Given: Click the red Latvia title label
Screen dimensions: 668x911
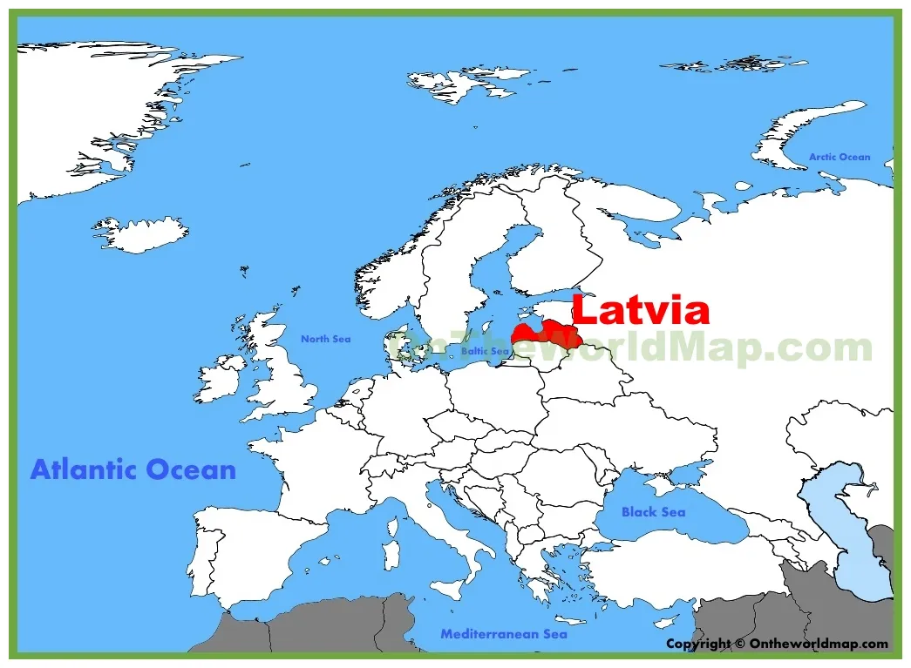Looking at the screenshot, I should (640, 311).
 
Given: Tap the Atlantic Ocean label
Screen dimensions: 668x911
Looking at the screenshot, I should (133, 470).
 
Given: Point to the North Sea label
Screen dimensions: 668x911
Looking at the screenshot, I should (325, 339).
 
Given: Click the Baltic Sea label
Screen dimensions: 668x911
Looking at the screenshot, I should (485, 351).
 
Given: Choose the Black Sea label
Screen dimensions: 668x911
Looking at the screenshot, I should (653, 512).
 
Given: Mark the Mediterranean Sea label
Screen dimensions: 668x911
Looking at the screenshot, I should (503, 634).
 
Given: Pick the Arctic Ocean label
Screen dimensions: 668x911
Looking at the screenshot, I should (840, 157).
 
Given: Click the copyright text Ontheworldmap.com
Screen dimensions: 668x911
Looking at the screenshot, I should (777, 644).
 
